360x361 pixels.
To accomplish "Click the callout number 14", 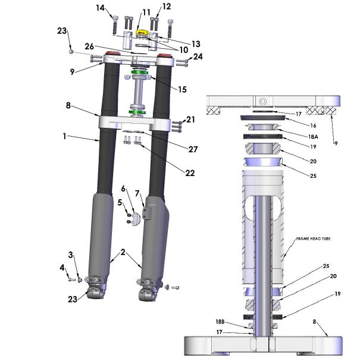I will click(100, 8).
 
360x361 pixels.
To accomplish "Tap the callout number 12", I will click(166, 7).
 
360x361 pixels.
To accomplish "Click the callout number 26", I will click(89, 46).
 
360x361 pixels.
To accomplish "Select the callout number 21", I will click(190, 120).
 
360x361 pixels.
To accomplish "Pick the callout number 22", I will click(190, 173).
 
